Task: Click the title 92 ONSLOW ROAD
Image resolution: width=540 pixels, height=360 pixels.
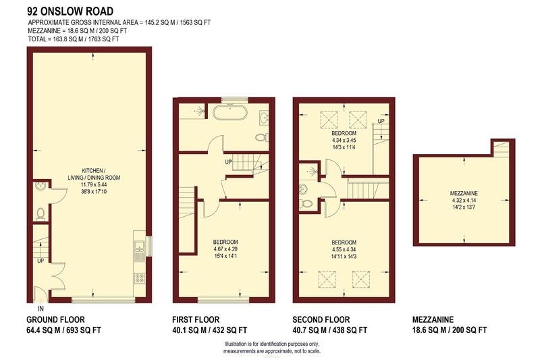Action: (70, 11)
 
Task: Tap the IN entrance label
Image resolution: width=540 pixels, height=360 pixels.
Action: (40, 309)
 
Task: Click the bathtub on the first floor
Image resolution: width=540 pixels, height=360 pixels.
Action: (230, 113)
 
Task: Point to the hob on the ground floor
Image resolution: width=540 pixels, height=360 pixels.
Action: (140, 278)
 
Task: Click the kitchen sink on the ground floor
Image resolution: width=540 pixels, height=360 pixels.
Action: (140, 246)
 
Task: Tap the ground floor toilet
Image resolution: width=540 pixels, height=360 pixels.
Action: (40, 214)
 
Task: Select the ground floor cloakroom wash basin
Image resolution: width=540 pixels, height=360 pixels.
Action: (40, 186)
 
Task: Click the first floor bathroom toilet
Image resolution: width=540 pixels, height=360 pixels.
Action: (262, 138)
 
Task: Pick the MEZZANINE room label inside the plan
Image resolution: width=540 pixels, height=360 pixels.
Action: (464, 193)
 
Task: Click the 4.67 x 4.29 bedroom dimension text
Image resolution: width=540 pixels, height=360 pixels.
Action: (225, 249)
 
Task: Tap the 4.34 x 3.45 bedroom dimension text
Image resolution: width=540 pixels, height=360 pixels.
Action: (344, 140)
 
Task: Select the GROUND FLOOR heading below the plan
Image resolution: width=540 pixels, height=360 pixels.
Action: (55, 319)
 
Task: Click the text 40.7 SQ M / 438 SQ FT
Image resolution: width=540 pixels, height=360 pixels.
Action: (330, 330)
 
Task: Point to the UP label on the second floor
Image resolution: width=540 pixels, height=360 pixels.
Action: (381, 121)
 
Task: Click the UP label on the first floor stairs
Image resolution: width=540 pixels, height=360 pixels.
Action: (228, 161)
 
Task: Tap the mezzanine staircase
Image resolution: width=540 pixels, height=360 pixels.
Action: (501, 149)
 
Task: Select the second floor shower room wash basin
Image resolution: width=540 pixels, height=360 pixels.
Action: (303, 189)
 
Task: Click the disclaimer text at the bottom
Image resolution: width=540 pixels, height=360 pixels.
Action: (272, 348)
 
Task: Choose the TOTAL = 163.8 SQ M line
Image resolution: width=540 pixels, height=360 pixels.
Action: (74, 39)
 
